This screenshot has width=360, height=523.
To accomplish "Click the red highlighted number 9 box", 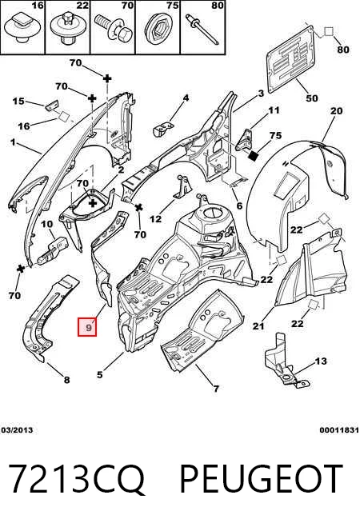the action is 87,326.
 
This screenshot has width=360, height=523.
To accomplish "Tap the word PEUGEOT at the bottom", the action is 262,479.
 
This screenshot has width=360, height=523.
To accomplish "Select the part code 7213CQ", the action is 76,479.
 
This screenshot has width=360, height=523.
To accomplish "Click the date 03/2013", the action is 17,430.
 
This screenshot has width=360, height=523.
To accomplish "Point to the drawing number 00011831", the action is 339,430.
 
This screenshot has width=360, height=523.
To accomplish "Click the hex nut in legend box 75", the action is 157,29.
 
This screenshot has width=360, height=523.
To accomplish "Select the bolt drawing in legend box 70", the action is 113,28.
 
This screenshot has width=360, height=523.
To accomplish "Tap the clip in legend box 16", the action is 22,28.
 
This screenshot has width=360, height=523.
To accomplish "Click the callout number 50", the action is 312,98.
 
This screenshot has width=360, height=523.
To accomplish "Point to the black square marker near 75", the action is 254,156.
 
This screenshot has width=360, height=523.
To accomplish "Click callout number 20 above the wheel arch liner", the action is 336,110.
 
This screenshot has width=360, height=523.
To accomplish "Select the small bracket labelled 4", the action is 163,129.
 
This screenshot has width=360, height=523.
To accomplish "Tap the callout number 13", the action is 321,361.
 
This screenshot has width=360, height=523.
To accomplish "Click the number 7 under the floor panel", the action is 216,388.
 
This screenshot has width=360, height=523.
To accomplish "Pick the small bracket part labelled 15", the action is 52,105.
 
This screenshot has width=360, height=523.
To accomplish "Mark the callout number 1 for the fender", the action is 13,142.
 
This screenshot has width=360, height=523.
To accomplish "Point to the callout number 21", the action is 258,325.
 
